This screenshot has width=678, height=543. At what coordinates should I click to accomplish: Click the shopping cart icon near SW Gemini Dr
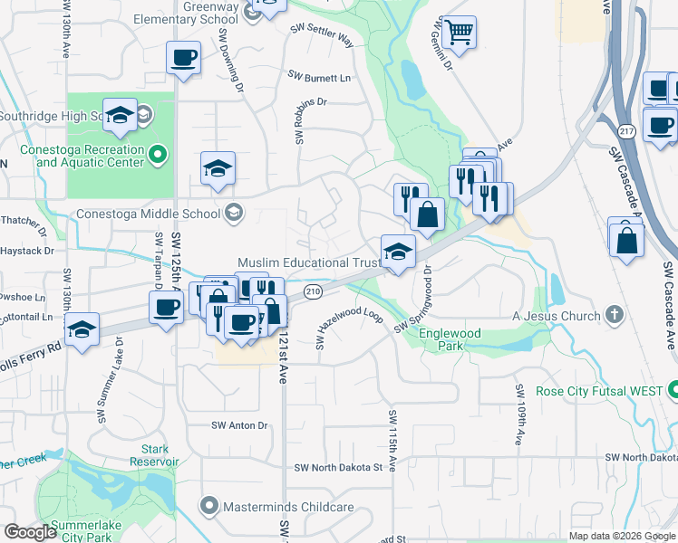(460, 33)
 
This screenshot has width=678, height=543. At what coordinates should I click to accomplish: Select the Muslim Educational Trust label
(309, 262)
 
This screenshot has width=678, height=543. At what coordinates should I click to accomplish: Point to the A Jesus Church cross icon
(615, 316)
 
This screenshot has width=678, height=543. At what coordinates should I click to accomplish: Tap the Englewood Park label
(450, 339)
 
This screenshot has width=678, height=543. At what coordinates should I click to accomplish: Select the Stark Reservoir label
(160, 455)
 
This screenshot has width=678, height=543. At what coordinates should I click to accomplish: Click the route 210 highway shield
(314, 291)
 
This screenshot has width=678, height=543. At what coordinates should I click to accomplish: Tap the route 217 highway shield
(627, 131)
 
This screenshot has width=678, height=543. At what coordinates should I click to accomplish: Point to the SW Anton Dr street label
(240, 425)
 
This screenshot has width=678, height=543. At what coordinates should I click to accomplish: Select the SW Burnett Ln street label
(319, 77)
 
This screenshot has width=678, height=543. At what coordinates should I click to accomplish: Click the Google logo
(30, 532)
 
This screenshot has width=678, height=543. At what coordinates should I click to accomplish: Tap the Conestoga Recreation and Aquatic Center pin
(158, 156)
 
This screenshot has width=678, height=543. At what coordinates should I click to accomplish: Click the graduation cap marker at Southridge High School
(120, 115)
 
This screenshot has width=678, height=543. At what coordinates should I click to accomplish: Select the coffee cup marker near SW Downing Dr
(183, 58)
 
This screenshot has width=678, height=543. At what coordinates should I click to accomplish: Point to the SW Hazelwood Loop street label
(349, 326)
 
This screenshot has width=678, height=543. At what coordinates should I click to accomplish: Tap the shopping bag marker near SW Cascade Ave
(627, 241)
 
